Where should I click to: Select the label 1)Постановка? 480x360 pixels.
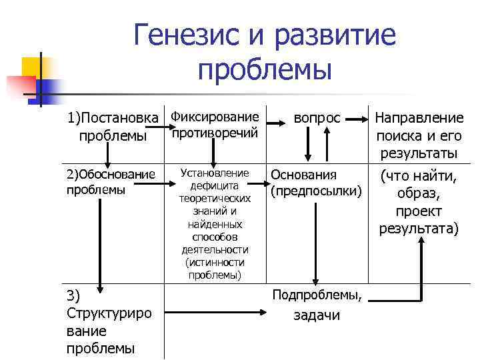click(115, 119)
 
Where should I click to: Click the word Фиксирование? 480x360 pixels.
click(215, 117)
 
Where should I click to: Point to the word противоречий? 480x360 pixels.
click(215, 133)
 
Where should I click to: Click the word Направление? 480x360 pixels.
click(419, 119)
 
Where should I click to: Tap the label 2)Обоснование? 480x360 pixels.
click(111, 175)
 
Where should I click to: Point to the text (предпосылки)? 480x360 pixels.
click(316, 191)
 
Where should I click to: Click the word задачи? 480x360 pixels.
click(317, 315)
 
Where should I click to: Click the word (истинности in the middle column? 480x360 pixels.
click(215, 262)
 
